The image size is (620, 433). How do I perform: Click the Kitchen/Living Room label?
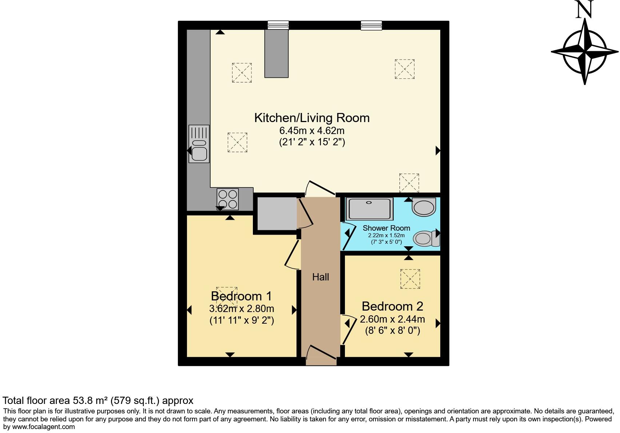point(312,118)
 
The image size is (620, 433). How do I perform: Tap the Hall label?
point(321,277)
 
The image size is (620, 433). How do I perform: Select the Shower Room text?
point(386,228)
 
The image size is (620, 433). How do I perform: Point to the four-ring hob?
point(228,199)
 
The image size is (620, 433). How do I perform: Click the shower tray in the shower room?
point(369,209)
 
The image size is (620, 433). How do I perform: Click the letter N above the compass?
point(584,10)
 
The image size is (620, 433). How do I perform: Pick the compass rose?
point(585,52)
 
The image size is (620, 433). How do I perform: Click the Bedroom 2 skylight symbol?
point(410,279)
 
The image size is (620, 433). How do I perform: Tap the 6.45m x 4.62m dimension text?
point(312,130)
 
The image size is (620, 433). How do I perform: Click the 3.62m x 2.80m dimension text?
point(242,309)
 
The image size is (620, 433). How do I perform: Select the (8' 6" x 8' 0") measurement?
point(392,331)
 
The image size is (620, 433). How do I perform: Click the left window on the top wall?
point(278,25)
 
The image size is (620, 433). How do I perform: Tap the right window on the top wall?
point(371,25)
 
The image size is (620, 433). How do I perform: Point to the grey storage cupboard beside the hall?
point(277,213)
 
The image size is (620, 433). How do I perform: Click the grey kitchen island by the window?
point(276,53)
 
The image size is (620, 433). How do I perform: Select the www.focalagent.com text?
point(43,427)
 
